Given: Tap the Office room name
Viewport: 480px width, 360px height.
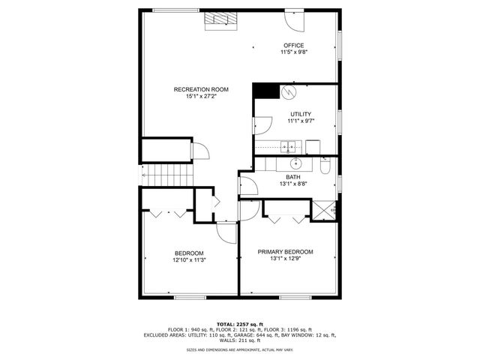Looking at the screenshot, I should point(293,45).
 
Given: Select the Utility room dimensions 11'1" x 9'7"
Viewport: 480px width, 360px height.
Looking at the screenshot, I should point(300,121).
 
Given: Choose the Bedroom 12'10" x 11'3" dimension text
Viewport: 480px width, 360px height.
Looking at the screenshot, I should point(189,259).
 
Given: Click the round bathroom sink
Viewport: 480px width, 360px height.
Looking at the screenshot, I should point(296,162).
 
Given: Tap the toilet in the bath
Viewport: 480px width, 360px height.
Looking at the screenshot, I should point(325,163).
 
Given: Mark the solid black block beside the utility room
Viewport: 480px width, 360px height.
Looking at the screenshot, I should point(264,90).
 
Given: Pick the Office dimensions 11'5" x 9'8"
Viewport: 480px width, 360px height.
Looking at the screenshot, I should point(293,52).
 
